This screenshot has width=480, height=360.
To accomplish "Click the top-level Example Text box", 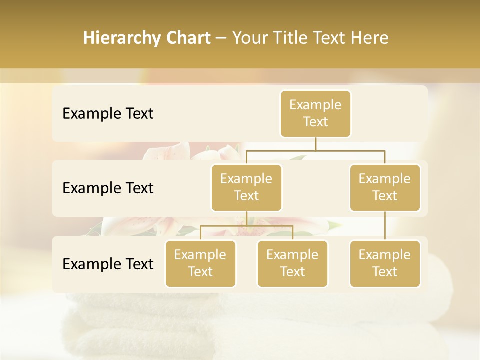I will pyautogui.click(x=315, y=113).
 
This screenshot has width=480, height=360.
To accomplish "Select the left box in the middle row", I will pyautogui.click(x=246, y=187).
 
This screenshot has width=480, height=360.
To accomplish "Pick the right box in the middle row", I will pyautogui.click(x=385, y=187).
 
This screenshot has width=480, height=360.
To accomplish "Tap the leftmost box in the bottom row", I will pyautogui.click(x=200, y=263).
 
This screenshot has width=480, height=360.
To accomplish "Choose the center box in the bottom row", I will pyautogui.click(x=292, y=263).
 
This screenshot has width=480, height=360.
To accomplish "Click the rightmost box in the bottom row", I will pyautogui.click(x=385, y=263).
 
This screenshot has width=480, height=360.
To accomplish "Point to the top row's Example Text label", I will pyautogui.click(x=108, y=114).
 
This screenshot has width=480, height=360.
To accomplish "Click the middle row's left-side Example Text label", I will pyautogui.click(x=108, y=188).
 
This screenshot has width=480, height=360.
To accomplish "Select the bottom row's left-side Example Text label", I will pyautogui.click(x=108, y=264).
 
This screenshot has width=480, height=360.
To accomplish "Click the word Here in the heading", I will pyautogui.click(x=370, y=38).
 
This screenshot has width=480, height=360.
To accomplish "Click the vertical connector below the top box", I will pyautogui.click(x=315, y=144).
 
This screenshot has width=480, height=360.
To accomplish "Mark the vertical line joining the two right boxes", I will pyautogui.click(x=385, y=226).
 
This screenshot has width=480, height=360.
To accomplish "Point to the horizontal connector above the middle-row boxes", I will pyautogui.click(x=315, y=150).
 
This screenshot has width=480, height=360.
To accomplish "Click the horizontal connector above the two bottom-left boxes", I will pyautogui.click(x=246, y=226).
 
